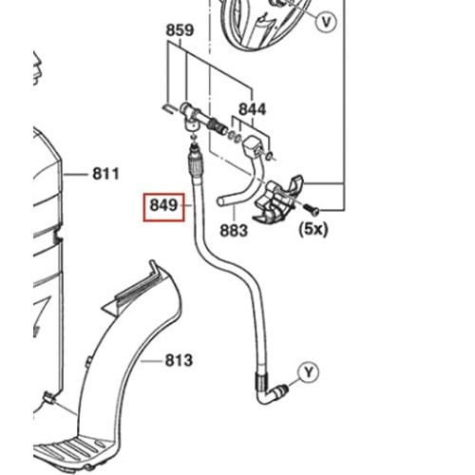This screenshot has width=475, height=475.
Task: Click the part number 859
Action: (x=180, y=30)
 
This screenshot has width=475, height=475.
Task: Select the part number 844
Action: (x=253, y=109)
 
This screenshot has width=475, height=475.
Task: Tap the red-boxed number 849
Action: (x=163, y=205)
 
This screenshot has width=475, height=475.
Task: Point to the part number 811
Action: (x=105, y=174)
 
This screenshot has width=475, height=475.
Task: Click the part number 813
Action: (x=179, y=360)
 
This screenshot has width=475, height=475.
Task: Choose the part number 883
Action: (x=234, y=231)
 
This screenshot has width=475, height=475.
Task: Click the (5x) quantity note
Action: (x=313, y=229)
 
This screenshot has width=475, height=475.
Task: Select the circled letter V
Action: (x=326, y=22)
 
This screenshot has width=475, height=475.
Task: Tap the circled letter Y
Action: (x=309, y=372)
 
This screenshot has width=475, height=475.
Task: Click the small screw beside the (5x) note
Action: (x=311, y=209)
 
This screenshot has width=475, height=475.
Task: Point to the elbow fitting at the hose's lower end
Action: (x=273, y=393)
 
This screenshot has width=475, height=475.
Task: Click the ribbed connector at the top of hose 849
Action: (x=196, y=163)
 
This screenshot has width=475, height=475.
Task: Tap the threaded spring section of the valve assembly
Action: (x=217, y=125)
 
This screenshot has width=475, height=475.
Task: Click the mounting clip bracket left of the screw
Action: (x=278, y=199)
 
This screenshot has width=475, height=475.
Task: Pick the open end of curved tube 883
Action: (x=221, y=200)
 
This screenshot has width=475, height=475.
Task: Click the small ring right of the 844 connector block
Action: (x=269, y=155)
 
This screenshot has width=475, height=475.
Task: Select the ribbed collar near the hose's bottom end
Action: (x=260, y=381)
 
